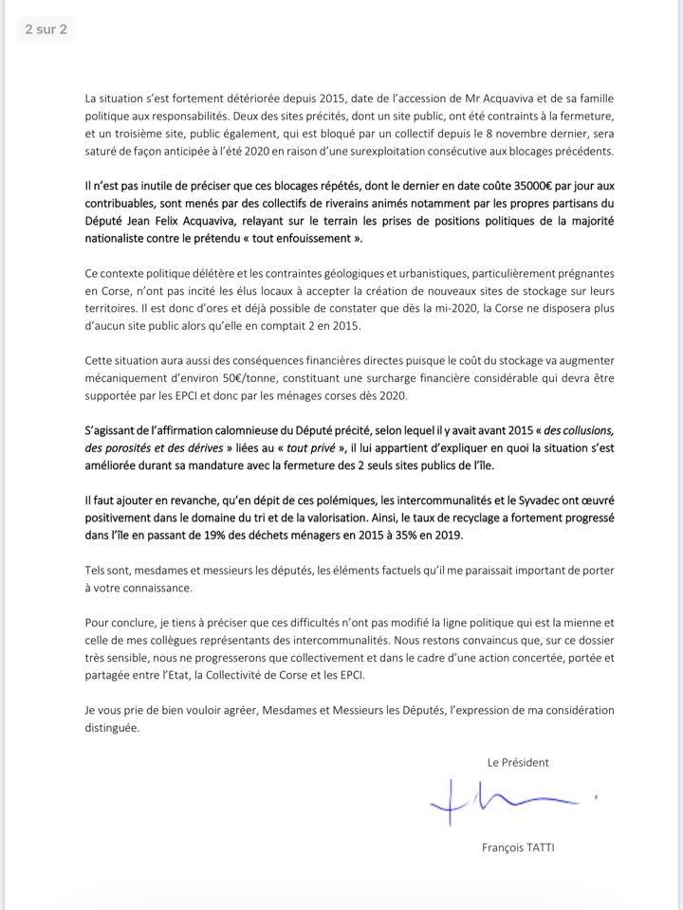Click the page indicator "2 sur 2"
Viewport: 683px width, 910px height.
(46, 29)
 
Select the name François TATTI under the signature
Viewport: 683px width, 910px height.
(518, 847)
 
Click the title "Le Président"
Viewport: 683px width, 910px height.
(518, 762)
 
